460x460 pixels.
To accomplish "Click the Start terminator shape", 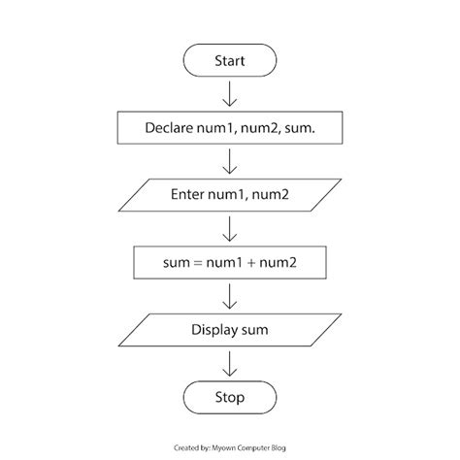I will [230, 61].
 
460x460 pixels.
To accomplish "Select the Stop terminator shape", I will [230, 397].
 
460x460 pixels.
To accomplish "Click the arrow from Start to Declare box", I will [230, 94].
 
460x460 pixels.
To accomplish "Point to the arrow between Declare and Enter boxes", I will [230, 161].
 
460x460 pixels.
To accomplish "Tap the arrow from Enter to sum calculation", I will [230, 228].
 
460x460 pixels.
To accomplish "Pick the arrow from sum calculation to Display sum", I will [230, 295].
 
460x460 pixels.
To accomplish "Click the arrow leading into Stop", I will [230, 362].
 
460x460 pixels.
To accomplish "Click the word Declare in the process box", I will [171, 128].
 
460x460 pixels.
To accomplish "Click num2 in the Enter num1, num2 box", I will [273, 195].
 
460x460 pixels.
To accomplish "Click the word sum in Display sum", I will [254, 330].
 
